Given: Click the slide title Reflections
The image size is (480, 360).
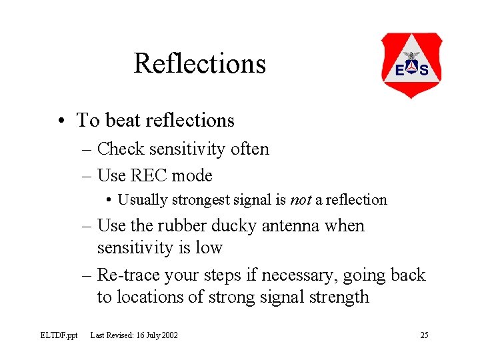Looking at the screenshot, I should pyautogui.click(x=199, y=63).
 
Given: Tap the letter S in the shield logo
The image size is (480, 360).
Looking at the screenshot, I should pyautogui.click(x=424, y=70).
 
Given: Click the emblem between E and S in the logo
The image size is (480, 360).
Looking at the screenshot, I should pyautogui.click(x=411, y=67).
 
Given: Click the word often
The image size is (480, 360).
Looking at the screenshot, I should pyautogui.click(x=249, y=149).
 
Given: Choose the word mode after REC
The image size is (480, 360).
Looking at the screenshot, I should pyautogui.click(x=192, y=176).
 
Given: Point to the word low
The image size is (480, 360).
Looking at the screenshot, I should pyautogui.click(x=209, y=248).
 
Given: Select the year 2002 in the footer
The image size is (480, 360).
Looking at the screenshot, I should pyautogui.click(x=169, y=335).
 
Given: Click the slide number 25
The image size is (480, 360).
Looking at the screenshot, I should pyautogui.click(x=424, y=335).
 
